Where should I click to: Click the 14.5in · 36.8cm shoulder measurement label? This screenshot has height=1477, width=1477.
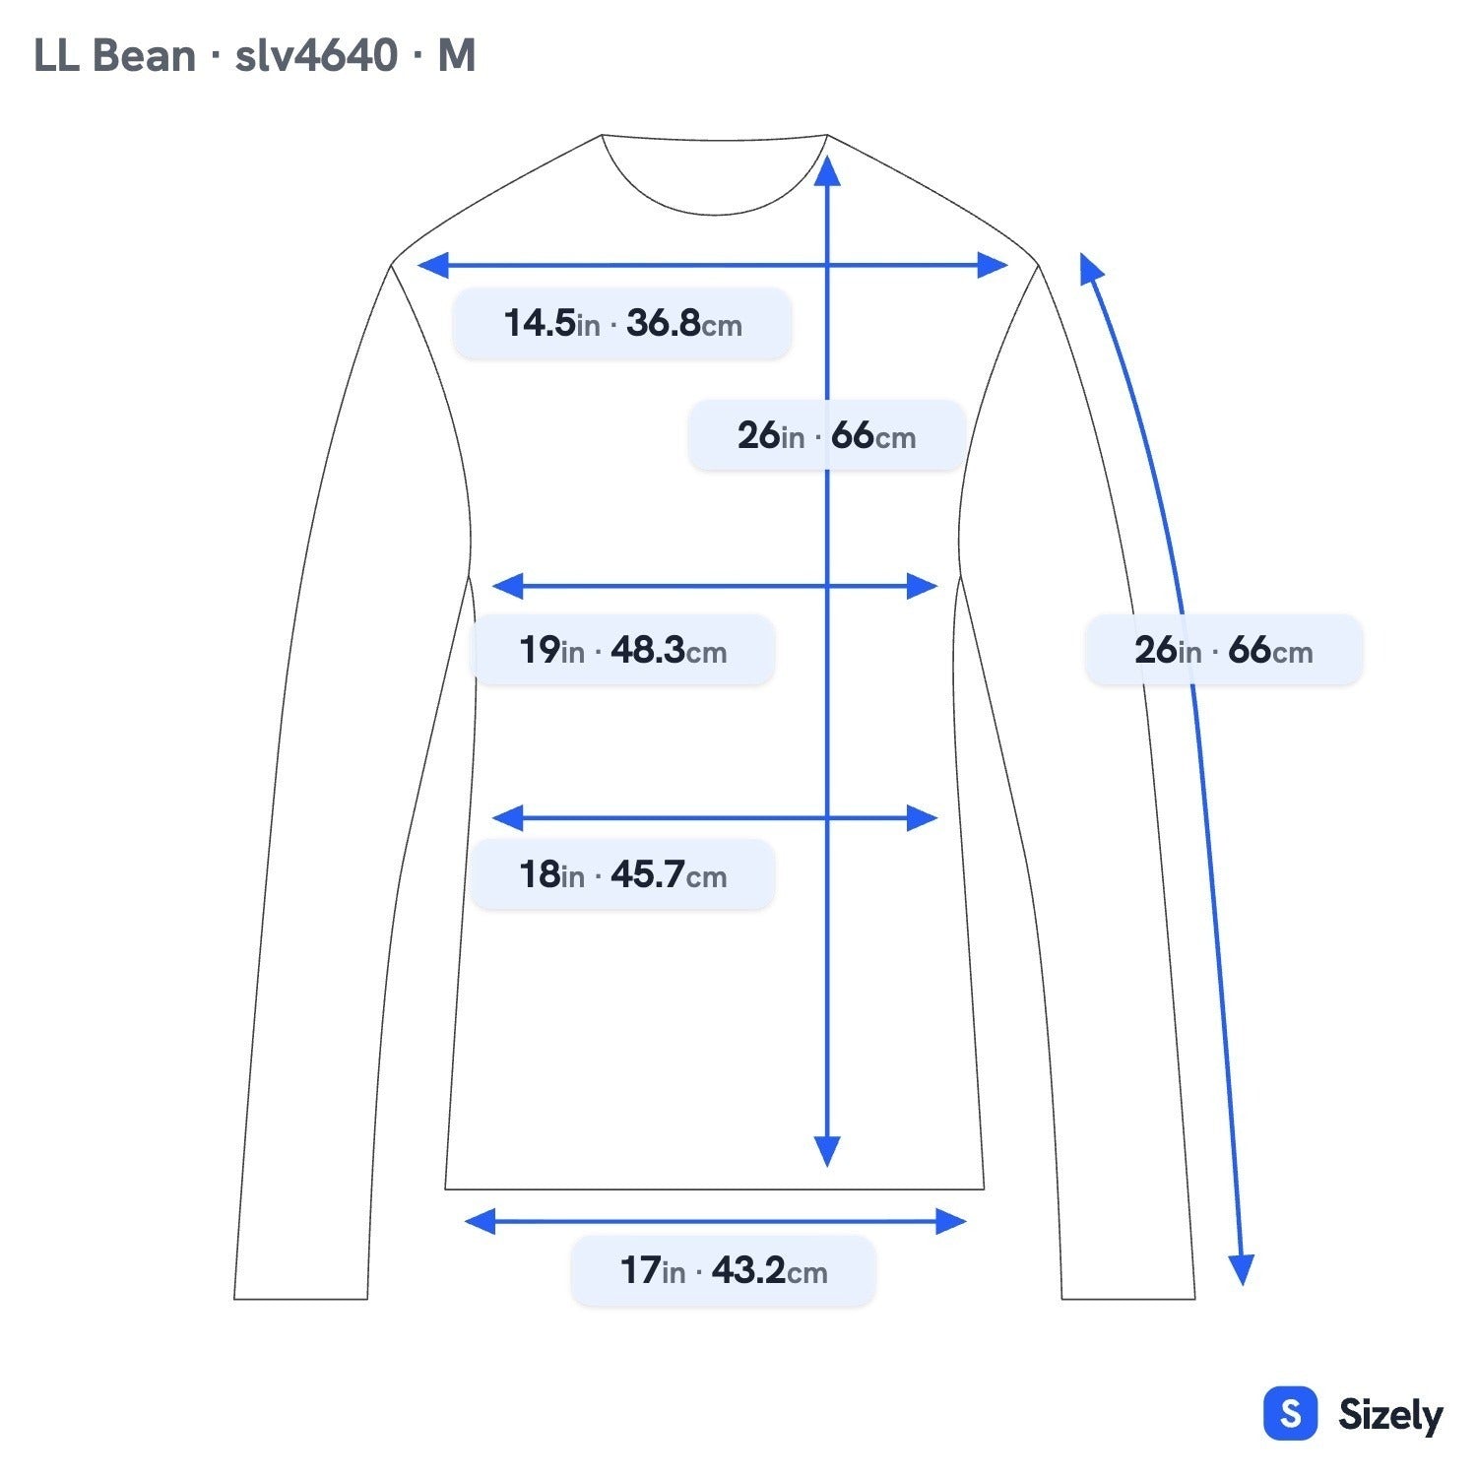[x=622, y=323]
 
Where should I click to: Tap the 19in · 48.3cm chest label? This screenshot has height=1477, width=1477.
[x=622, y=650]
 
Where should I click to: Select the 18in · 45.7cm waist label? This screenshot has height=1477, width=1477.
[x=622, y=874]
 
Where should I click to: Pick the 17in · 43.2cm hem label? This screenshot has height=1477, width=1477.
[x=724, y=1270]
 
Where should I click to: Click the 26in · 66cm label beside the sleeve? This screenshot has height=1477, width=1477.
[x=1224, y=650]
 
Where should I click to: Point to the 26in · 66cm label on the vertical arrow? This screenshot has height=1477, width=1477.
[x=826, y=435]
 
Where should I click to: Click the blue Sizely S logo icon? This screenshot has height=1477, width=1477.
[x=1290, y=1414]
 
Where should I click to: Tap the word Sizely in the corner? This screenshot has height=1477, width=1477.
[x=1390, y=1415]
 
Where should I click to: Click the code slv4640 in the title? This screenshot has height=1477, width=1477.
[x=316, y=56]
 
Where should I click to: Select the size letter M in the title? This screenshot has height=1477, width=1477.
[x=457, y=56]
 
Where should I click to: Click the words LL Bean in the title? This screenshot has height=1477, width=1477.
[x=114, y=56]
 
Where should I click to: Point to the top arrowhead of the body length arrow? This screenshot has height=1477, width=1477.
[x=827, y=169]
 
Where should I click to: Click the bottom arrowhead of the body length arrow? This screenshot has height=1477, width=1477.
[x=827, y=1151]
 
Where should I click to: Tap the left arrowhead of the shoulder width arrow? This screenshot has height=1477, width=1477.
[x=433, y=265]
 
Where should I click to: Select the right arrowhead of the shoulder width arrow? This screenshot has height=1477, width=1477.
[x=993, y=265]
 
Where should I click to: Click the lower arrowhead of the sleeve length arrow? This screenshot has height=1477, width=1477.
[x=1243, y=1270]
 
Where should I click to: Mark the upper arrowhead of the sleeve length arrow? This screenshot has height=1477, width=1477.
[x=1090, y=268]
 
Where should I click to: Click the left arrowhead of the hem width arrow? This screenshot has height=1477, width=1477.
[x=480, y=1222]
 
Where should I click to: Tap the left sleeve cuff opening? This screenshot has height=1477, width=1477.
[x=300, y=1299]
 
